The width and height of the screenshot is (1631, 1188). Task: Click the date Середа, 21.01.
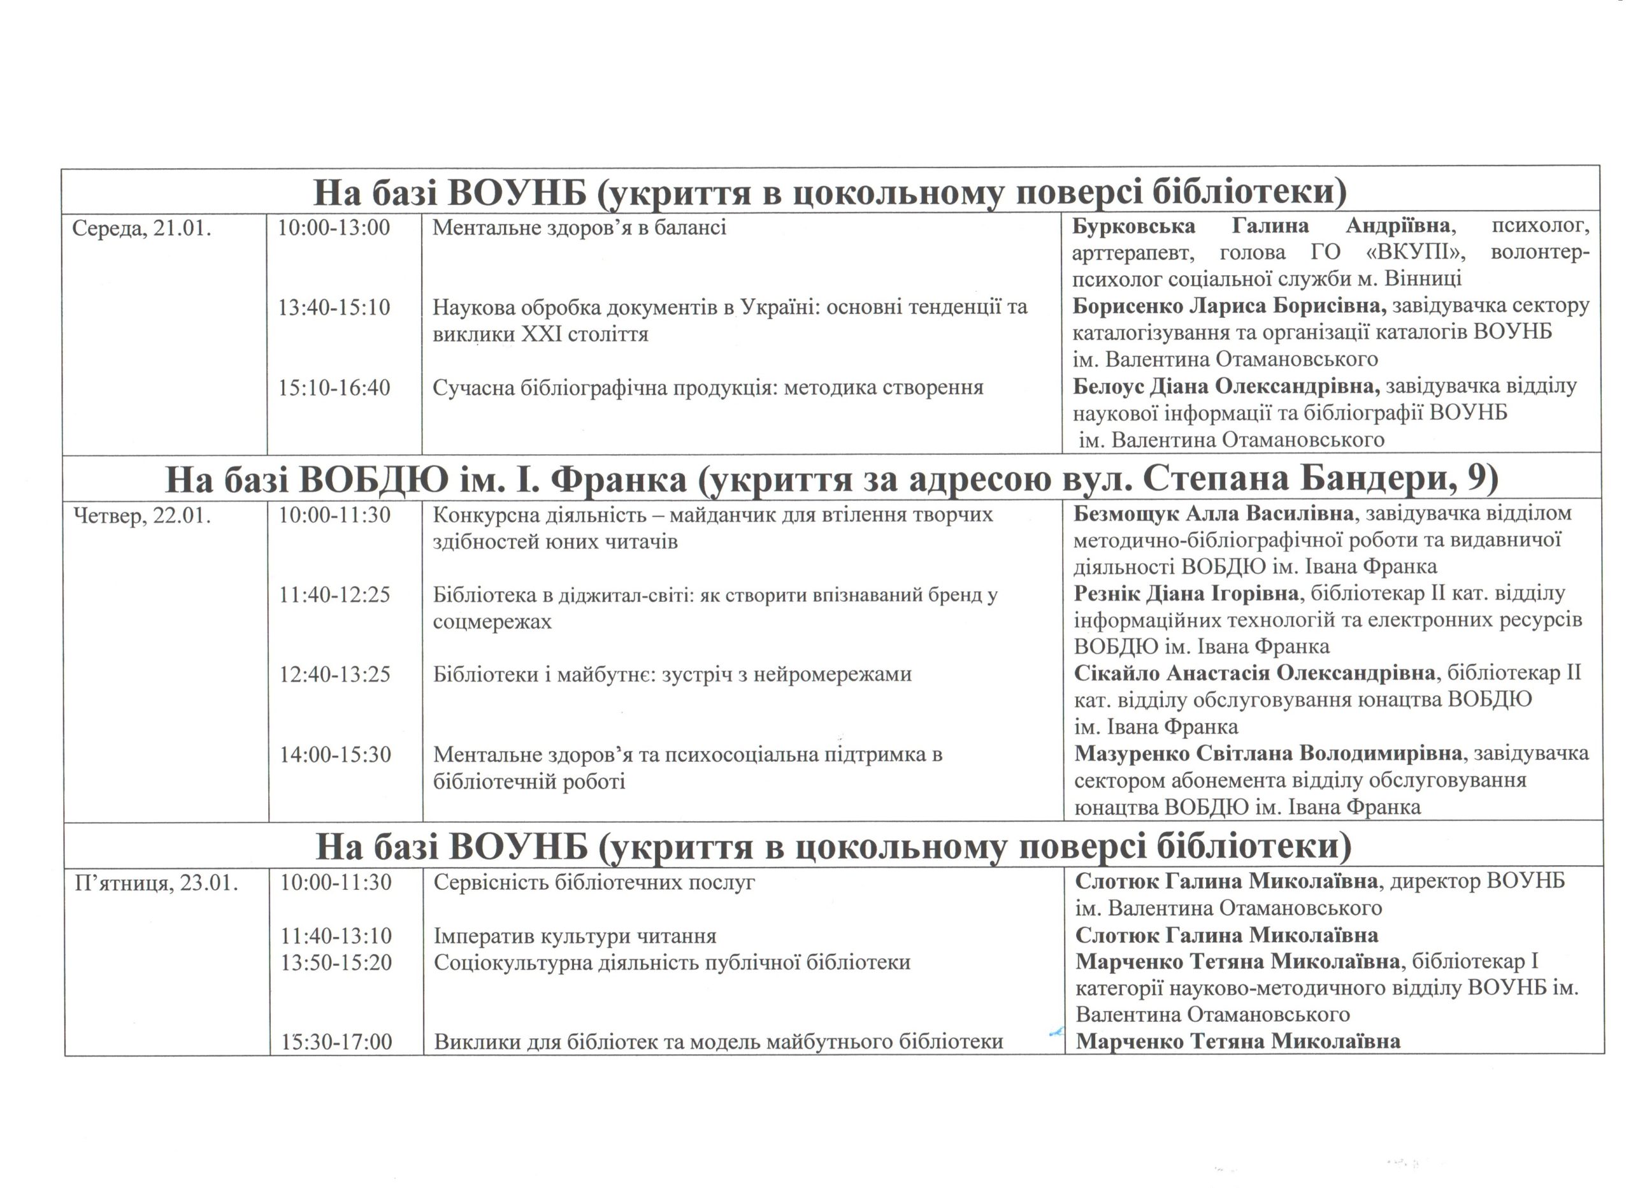(x=141, y=229)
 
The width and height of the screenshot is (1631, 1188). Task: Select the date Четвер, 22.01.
(x=142, y=517)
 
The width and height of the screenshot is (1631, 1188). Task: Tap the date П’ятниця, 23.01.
(x=156, y=883)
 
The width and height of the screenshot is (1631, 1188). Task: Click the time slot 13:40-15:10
(x=334, y=308)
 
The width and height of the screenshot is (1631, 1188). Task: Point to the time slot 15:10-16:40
(x=334, y=389)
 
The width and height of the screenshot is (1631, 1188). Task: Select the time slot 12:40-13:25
(x=335, y=675)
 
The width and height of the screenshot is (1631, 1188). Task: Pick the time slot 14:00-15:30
(x=336, y=755)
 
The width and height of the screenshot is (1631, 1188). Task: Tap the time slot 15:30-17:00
(x=336, y=1042)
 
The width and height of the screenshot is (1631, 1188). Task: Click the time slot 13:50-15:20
(x=336, y=963)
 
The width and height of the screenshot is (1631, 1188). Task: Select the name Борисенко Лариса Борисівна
(x=1229, y=306)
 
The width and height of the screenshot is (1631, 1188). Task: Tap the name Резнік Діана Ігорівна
(x=1186, y=593)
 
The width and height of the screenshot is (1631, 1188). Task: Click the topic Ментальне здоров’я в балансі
(x=579, y=228)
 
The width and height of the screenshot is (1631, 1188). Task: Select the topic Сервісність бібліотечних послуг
(x=594, y=882)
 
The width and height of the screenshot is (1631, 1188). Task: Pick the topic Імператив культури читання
(x=575, y=936)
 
